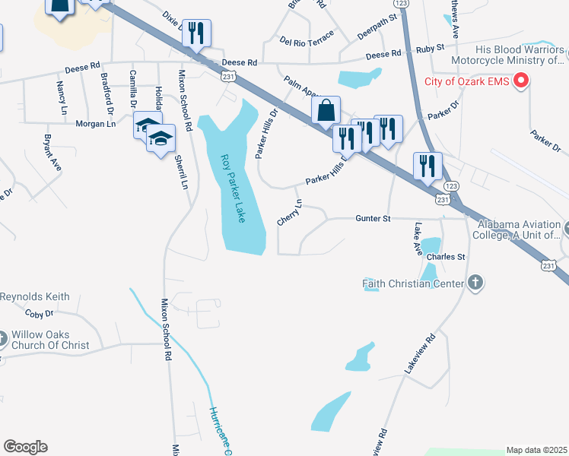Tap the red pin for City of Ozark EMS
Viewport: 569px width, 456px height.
(522, 81)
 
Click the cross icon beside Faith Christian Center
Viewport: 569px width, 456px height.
(475, 283)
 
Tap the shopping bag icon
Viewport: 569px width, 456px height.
(326, 110)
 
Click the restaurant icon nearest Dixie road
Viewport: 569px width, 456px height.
(196, 33)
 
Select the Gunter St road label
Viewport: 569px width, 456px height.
(373, 218)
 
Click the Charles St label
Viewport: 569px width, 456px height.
(446, 257)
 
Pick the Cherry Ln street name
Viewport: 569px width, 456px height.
(290, 212)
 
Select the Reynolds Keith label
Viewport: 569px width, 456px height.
(35, 296)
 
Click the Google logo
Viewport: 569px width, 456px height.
(25, 446)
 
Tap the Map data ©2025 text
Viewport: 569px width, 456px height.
(536, 450)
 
